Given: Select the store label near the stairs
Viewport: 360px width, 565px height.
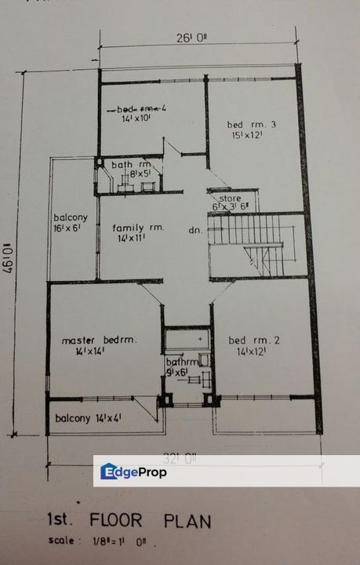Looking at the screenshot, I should (230, 199).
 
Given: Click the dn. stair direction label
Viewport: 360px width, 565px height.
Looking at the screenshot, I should (196, 231).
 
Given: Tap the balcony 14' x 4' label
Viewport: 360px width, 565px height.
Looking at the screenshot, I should (88, 418).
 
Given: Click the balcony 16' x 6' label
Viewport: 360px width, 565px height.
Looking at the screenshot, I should (70, 223).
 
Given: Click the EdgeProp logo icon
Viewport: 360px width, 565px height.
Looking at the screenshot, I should (109, 472).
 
